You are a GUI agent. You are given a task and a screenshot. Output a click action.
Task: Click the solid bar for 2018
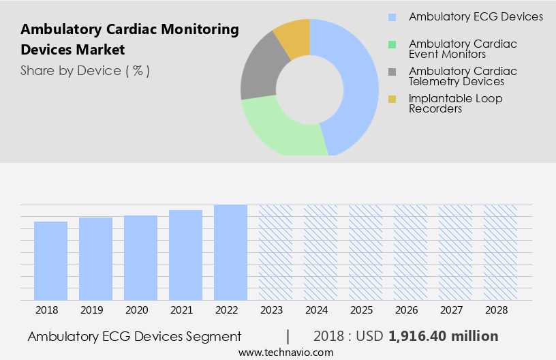pyautogui.click(x=50, y=260)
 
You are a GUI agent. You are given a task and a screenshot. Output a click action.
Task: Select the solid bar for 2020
pyautogui.click(x=140, y=258)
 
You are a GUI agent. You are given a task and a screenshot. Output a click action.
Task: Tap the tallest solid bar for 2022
pyautogui.click(x=230, y=252)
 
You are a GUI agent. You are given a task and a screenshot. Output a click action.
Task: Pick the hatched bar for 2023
pyautogui.click(x=275, y=252)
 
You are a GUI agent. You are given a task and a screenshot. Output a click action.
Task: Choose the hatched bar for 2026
pyautogui.click(x=410, y=252)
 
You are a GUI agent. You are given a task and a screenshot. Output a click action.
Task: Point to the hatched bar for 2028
pyautogui.click(x=500, y=252)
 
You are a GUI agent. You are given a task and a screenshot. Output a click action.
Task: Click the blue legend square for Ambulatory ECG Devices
pyautogui.click(x=392, y=17)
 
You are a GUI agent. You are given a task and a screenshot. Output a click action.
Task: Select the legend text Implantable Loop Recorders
pyautogui.click(x=455, y=104)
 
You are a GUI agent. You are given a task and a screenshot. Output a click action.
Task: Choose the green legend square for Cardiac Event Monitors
pyautogui.click(x=392, y=44)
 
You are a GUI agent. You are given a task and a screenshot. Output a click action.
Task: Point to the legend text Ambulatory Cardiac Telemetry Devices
pyautogui.click(x=463, y=76)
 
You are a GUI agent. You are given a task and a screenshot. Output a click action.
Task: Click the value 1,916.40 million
pyautogui.click(x=443, y=336)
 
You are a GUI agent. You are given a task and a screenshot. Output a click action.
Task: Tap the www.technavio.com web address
pyautogui.click(x=285, y=352)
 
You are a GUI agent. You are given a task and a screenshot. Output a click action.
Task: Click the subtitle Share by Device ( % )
pyautogui.click(x=85, y=70)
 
